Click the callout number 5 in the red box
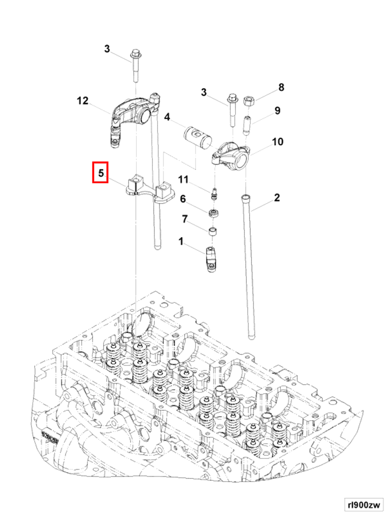tap(101, 173)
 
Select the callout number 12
tap(82, 101)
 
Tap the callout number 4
tap(167, 117)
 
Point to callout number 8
tap(281, 87)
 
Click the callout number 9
tap(277, 111)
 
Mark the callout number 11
tap(183, 179)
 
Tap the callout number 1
tap(181, 242)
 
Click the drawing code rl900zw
tap(363, 504)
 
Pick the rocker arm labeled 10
tap(231, 155)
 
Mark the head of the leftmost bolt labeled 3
tap(136, 54)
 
